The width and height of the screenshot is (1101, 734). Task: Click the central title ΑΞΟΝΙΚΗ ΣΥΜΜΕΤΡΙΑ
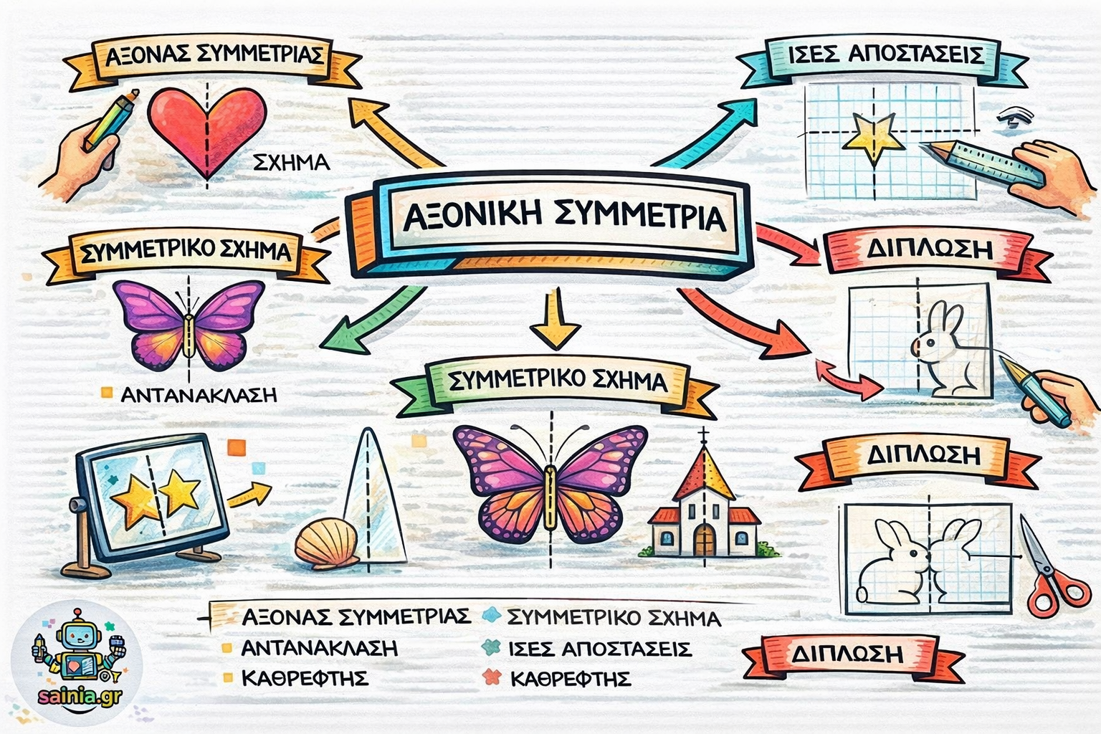click(563, 217)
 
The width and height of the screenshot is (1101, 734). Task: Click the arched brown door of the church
click(704, 539)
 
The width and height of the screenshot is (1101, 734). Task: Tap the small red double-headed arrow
click(849, 380)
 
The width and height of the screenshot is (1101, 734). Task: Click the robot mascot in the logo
click(77, 649)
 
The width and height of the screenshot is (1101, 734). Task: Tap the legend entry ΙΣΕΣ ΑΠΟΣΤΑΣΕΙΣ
click(599, 649)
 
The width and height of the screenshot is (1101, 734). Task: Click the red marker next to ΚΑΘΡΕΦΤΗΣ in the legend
click(492, 677)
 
